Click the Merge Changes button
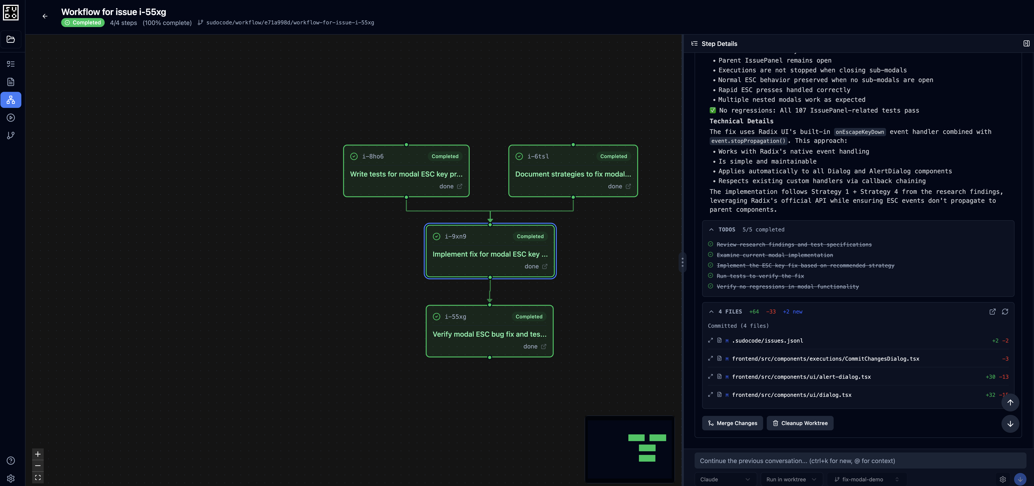[733, 423]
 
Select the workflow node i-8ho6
[406, 170]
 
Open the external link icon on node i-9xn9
[545, 267]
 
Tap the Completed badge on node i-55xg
[529, 317]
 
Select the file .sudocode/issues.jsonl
[767, 341]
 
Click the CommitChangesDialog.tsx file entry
[825, 359]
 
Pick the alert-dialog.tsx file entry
[801, 377]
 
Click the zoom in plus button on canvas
[38, 454]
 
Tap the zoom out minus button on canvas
[38, 465]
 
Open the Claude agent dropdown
[725, 479]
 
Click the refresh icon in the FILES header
[1005, 312]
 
